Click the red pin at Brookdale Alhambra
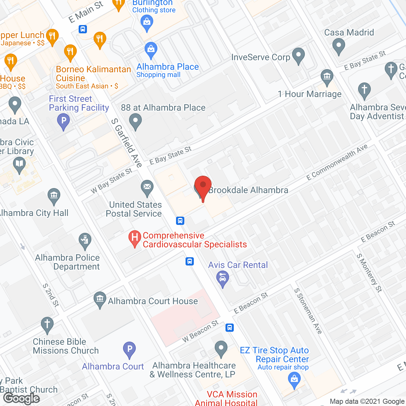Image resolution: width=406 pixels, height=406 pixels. coord(203,187)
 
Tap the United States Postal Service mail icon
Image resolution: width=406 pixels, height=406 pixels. coord(147,187)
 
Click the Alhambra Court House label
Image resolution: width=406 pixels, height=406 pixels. coord(153,301)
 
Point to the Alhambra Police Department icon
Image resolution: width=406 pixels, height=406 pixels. coord(85,241)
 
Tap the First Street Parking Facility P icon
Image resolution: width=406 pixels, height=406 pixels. coord(63,121)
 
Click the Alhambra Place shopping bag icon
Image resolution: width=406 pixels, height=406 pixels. coord(151,49)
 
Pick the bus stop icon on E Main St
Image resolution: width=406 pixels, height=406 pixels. coord(83,29)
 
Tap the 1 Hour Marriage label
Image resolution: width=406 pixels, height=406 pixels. coord(310,94)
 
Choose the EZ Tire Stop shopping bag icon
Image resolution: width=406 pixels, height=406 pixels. coord(294,380)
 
